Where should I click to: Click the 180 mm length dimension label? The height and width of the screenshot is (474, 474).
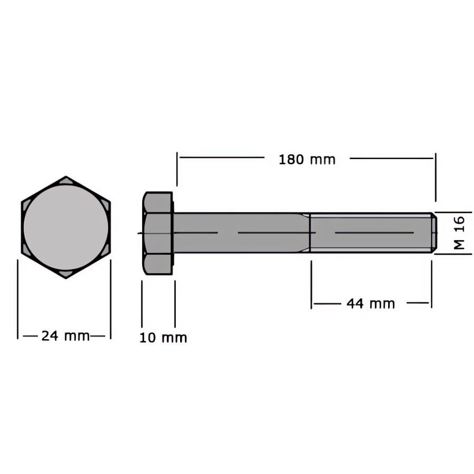[x=307, y=160]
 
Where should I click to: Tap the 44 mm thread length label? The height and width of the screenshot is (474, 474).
[x=371, y=303]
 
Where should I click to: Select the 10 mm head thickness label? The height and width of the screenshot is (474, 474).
[x=163, y=338]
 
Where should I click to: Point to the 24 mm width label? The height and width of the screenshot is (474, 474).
[x=65, y=336]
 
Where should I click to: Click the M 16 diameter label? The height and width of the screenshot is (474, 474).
[x=459, y=232]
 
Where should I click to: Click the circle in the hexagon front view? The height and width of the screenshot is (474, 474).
[x=66, y=227]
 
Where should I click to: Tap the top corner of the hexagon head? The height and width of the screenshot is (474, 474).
[x=66, y=176]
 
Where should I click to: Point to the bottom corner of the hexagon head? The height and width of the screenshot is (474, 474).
[x=66, y=278]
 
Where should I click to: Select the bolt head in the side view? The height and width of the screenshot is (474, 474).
[x=158, y=233]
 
